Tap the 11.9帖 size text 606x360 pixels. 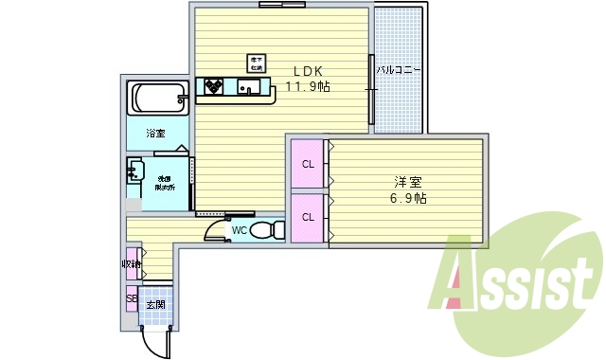[308, 86]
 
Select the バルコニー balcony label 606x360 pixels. [398, 71]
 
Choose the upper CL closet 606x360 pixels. [308, 164]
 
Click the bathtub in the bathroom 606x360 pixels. [157, 98]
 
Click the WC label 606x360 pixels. [240, 229]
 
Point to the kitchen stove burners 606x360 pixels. [212, 88]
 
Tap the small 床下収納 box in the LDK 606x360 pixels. [256, 63]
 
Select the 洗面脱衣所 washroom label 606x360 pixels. [165, 181]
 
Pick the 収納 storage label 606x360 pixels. [131, 264]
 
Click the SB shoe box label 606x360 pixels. [132, 299]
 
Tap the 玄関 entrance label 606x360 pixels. [154, 305]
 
